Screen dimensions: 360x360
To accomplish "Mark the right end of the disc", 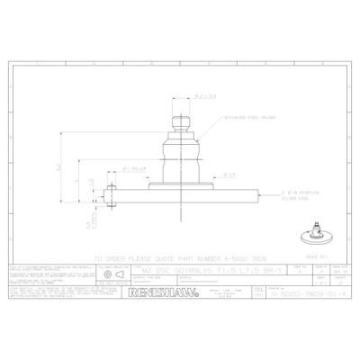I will click(255, 192).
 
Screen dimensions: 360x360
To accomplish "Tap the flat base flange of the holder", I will click(181, 184).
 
